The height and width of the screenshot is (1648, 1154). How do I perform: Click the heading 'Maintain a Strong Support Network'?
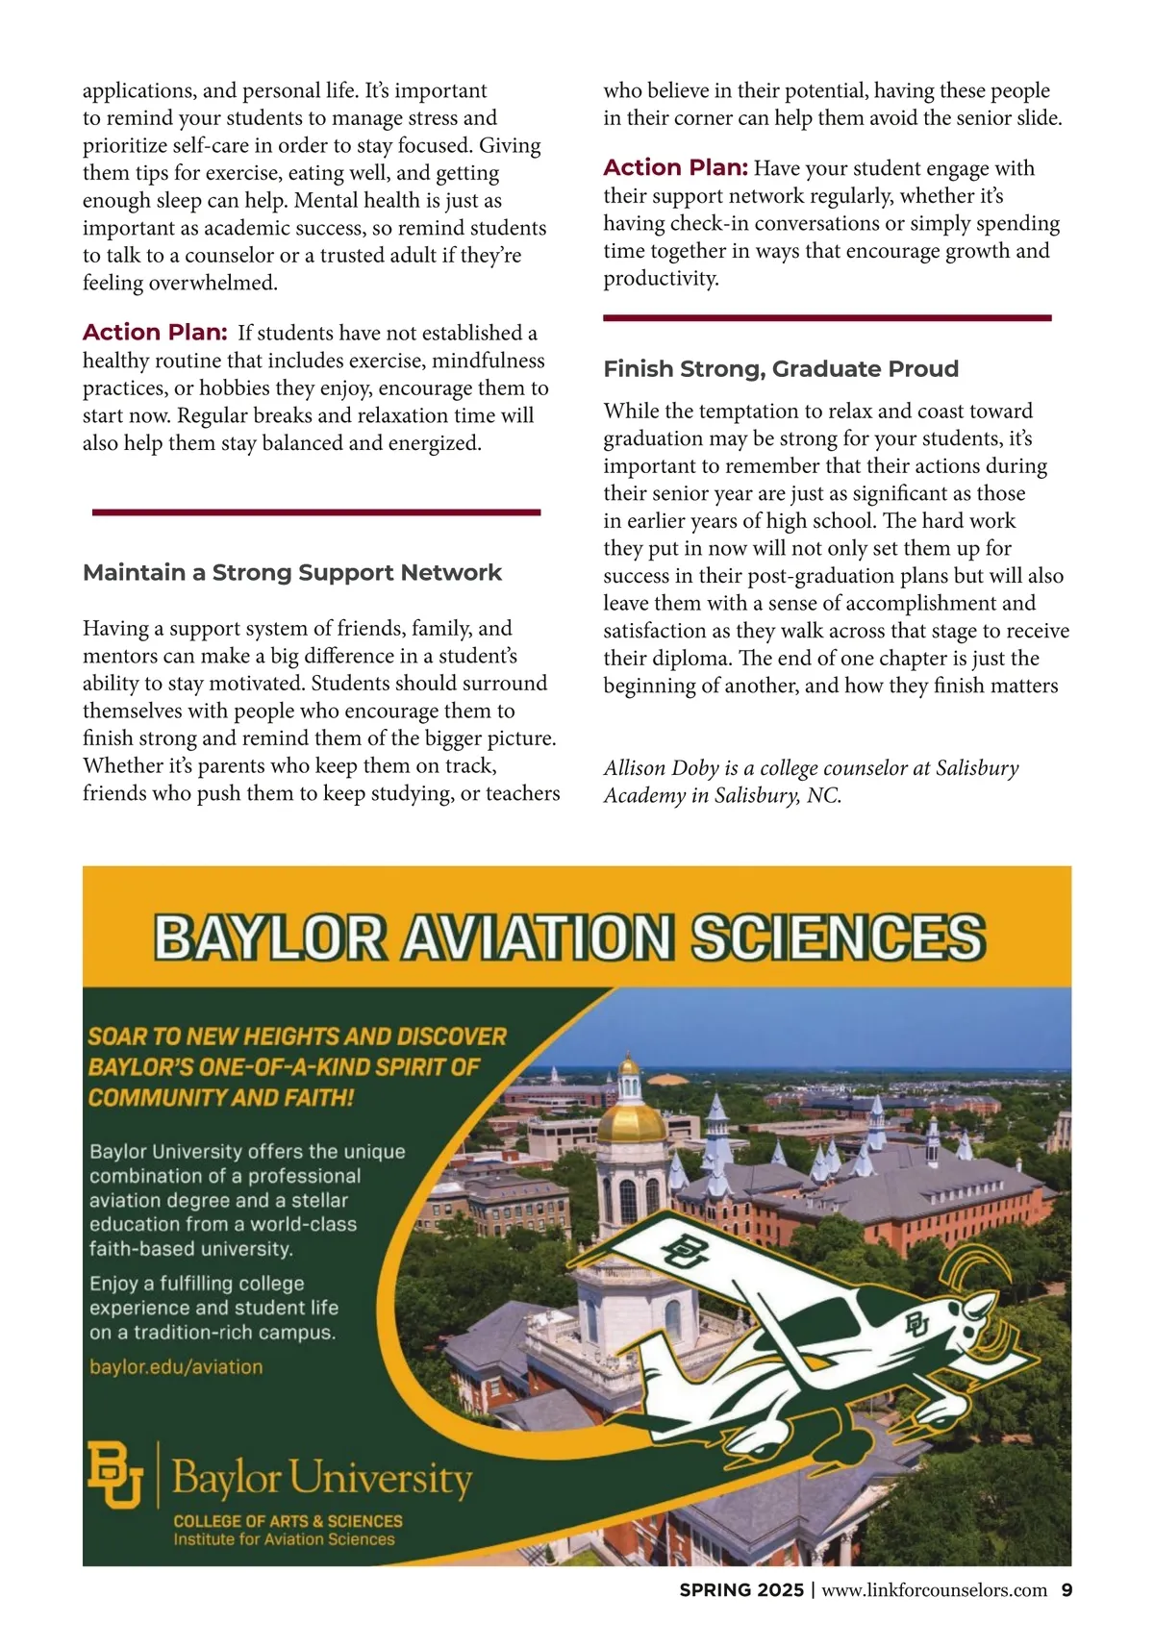pyautogui.click(x=292, y=573)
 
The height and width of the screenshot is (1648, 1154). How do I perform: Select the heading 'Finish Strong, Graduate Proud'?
pyautogui.click(x=781, y=369)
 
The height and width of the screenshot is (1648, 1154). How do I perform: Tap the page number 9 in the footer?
pyautogui.click(x=1066, y=1590)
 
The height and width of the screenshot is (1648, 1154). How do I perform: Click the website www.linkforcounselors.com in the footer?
pyautogui.click(x=934, y=1590)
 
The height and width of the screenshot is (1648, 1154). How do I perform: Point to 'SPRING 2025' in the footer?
pyautogui.click(x=740, y=1590)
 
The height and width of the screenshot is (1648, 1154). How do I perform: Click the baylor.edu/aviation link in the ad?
pyautogui.click(x=176, y=1366)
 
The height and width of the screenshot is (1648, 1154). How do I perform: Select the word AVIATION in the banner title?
pyautogui.click(x=538, y=936)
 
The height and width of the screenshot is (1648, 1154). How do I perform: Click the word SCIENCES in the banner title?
pyautogui.click(x=838, y=936)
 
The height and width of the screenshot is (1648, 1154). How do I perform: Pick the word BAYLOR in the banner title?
pyautogui.click(x=270, y=936)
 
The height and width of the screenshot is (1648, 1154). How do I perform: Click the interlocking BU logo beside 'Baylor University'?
pyautogui.click(x=115, y=1474)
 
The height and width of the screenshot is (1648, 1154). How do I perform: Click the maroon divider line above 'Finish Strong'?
pyautogui.click(x=827, y=317)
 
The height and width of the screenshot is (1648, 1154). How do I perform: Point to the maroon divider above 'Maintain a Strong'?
pyautogui.click(x=315, y=512)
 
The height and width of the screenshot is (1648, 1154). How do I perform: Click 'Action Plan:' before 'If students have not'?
pyautogui.click(x=155, y=333)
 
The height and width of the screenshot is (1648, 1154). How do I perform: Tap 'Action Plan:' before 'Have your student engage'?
pyautogui.click(x=675, y=168)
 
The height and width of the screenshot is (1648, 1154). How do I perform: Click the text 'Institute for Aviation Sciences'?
pyautogui.click(x=284, y=1539)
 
